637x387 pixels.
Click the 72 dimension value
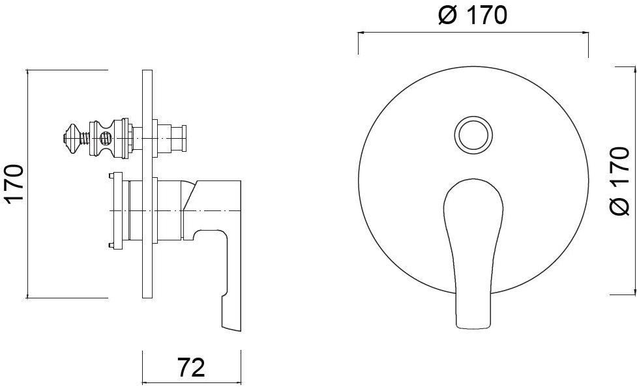(x=191, y=367)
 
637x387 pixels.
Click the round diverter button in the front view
(x=473, y=134)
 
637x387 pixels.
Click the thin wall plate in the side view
(x=147, y=183)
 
